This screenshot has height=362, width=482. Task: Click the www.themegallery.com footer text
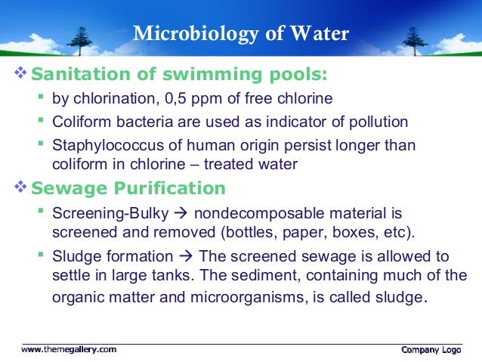69,349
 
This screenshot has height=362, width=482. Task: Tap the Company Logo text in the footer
431,349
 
